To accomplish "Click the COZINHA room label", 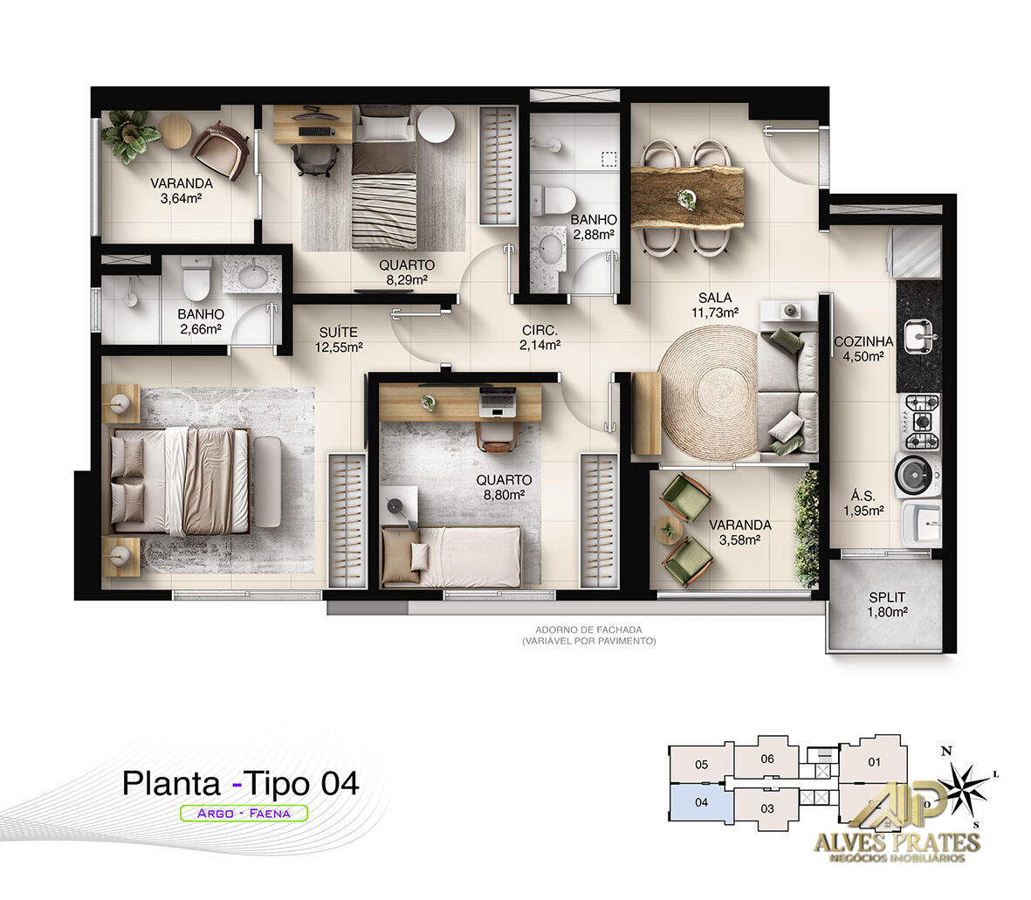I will (x=863, y=342).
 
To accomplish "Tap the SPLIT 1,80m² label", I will (x=886, y=598).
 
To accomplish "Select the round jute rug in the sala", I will (x=708, y=392).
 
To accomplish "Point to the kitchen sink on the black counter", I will (x=919, y=334).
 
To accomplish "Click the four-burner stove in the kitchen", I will (x=919, y=421).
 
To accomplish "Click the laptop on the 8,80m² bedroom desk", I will (x=498, y=403).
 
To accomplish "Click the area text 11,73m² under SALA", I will (x=714, y=312).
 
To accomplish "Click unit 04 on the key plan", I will (x=700, y=802).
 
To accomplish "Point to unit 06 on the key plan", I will (x=767, y=759).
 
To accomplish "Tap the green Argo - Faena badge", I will (x=244, y=813).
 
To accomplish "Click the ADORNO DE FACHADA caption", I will (x=588, y=629).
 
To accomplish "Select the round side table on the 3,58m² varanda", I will (x=668, y=529).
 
